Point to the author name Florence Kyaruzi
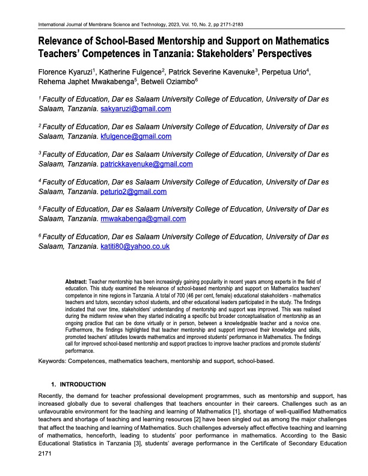pos(66,73)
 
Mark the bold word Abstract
pos(76,281)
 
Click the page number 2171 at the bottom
pos(46,458)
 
